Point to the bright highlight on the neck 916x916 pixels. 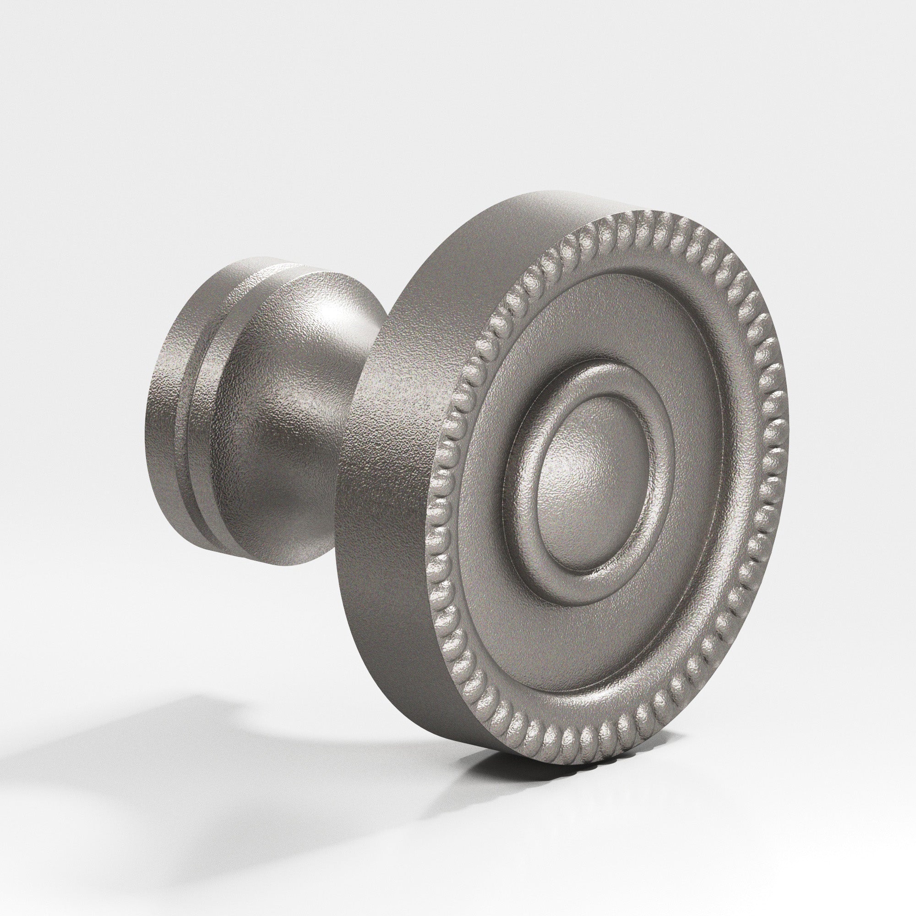332,332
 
